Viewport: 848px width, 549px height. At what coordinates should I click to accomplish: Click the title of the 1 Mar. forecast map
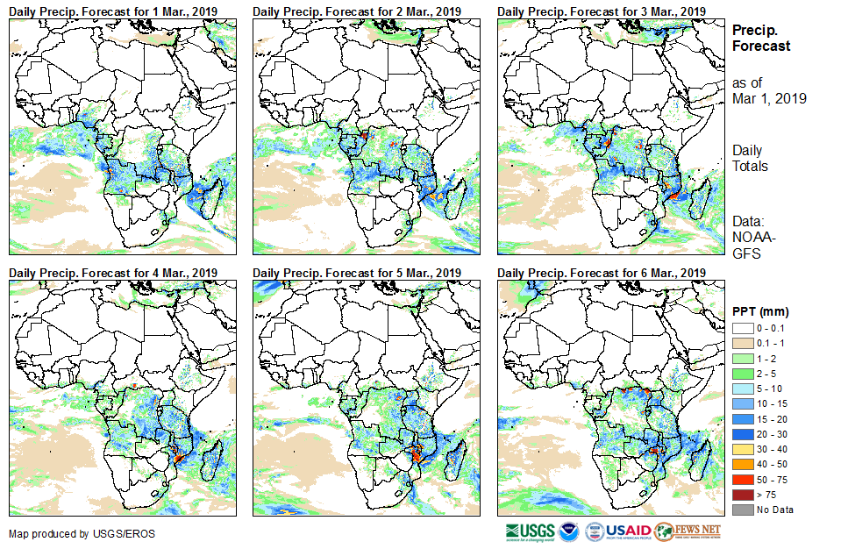point(113,11)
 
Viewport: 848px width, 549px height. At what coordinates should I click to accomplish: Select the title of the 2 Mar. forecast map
point(357,11)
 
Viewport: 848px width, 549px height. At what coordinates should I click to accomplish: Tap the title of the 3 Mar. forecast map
point(601,11)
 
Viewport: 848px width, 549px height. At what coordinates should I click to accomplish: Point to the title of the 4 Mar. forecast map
point(113,273)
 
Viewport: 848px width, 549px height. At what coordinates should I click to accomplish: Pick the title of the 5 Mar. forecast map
point(357,273)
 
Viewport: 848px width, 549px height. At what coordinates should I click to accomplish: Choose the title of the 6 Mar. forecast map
point(601,273)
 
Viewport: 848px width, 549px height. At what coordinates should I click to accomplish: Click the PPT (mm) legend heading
point(760,311)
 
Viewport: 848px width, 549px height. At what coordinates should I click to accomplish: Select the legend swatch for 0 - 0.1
point(742,328)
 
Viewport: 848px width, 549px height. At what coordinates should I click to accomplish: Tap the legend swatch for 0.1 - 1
point(742,343)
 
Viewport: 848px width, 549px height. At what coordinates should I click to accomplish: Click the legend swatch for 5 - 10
point(742,389)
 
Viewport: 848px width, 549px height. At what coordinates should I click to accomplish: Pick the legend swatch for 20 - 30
point(742,434)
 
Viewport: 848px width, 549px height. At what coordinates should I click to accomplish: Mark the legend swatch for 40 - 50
point(742,464)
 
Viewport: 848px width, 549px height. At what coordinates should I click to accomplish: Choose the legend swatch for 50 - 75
point(742,480)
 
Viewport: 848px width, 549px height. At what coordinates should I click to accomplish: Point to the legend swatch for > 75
point(742,495)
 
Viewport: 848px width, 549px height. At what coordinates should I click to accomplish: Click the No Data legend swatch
point(742,510)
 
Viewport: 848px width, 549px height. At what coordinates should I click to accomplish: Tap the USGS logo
point(530,532)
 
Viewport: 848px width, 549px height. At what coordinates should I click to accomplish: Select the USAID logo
point(627,532)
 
